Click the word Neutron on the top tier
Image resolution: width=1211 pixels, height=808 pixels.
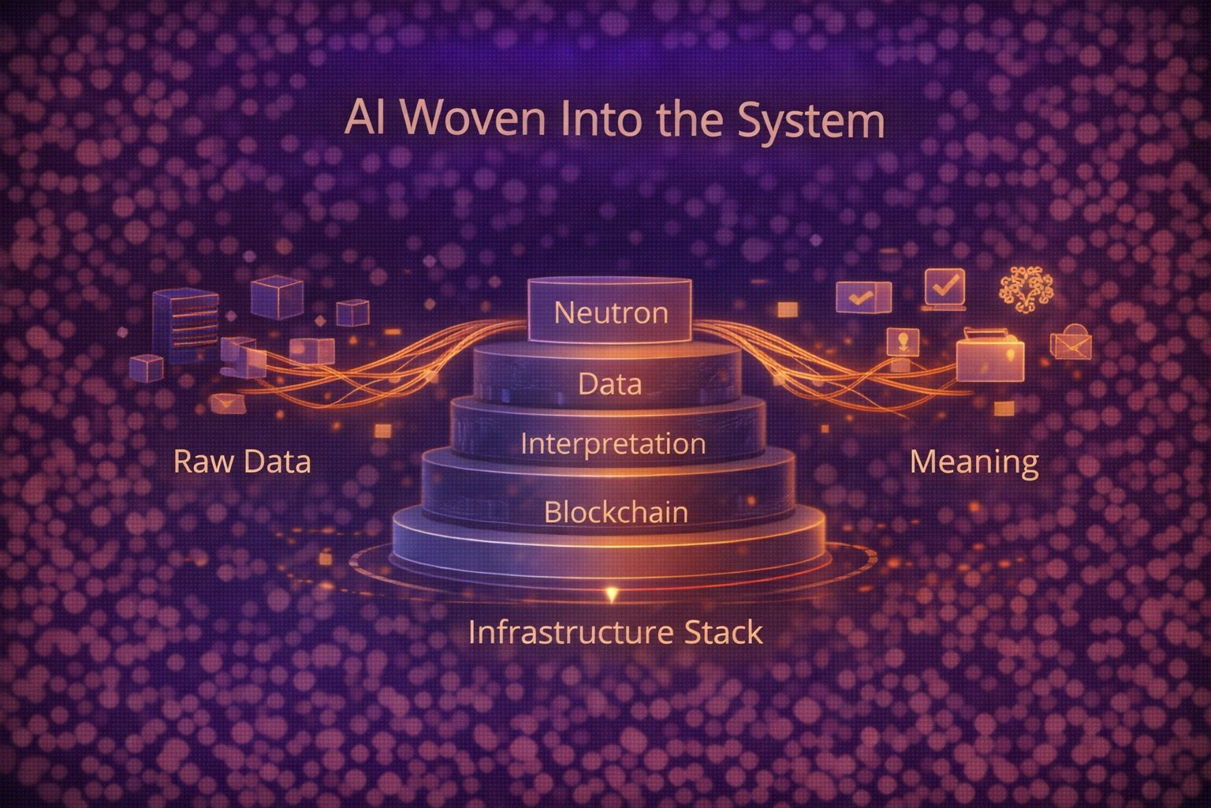pos(611,312)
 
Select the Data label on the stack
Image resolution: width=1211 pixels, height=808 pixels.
pos(609,384)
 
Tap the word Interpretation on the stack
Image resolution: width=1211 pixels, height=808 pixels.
pos(613,443)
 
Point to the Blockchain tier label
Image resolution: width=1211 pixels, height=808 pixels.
pos(616,512)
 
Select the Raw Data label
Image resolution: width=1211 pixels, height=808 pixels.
pos(242,461)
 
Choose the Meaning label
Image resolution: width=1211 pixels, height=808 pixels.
pos(974,462)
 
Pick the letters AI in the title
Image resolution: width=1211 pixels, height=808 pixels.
pos(359,122)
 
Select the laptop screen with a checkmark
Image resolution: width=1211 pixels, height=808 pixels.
pos(944,287)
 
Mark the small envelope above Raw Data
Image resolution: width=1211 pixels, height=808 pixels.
pos(229,403)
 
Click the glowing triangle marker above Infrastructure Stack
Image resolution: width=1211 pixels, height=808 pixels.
pos(609,593)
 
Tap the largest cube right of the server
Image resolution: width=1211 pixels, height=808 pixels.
pos(277,297)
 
